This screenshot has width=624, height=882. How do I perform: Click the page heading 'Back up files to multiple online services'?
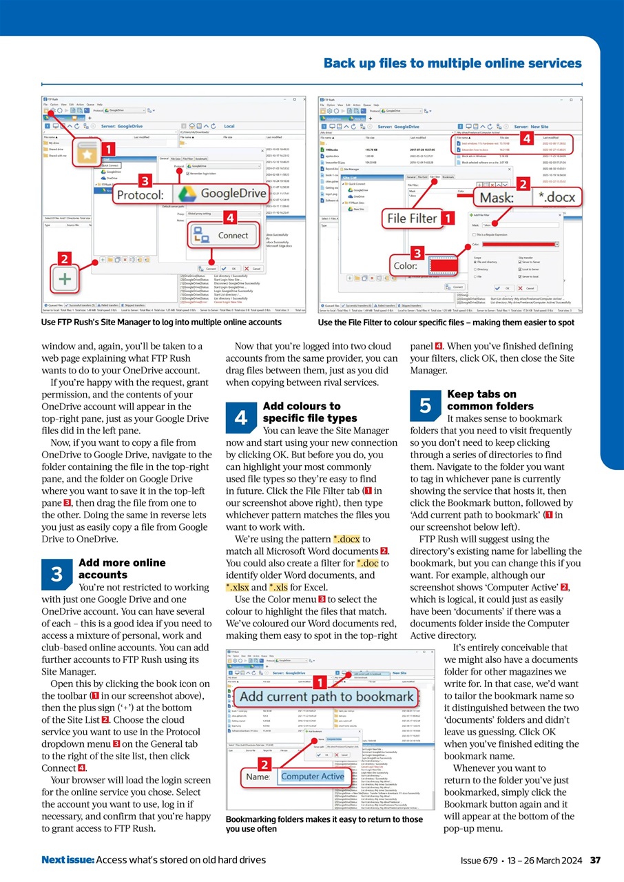[x=453, y=63]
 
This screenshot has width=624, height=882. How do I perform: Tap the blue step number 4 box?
[x=241, y=418]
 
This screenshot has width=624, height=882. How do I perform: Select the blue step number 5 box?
[x=426, y=407]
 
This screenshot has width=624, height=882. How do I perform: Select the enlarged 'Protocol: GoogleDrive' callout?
[x=191, y=194]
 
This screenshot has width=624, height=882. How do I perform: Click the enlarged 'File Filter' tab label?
[x=412, y=218]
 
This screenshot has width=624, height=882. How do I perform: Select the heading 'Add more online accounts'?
[x=123, y=568]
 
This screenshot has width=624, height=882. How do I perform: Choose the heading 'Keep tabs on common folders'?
[x=481, y=400]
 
